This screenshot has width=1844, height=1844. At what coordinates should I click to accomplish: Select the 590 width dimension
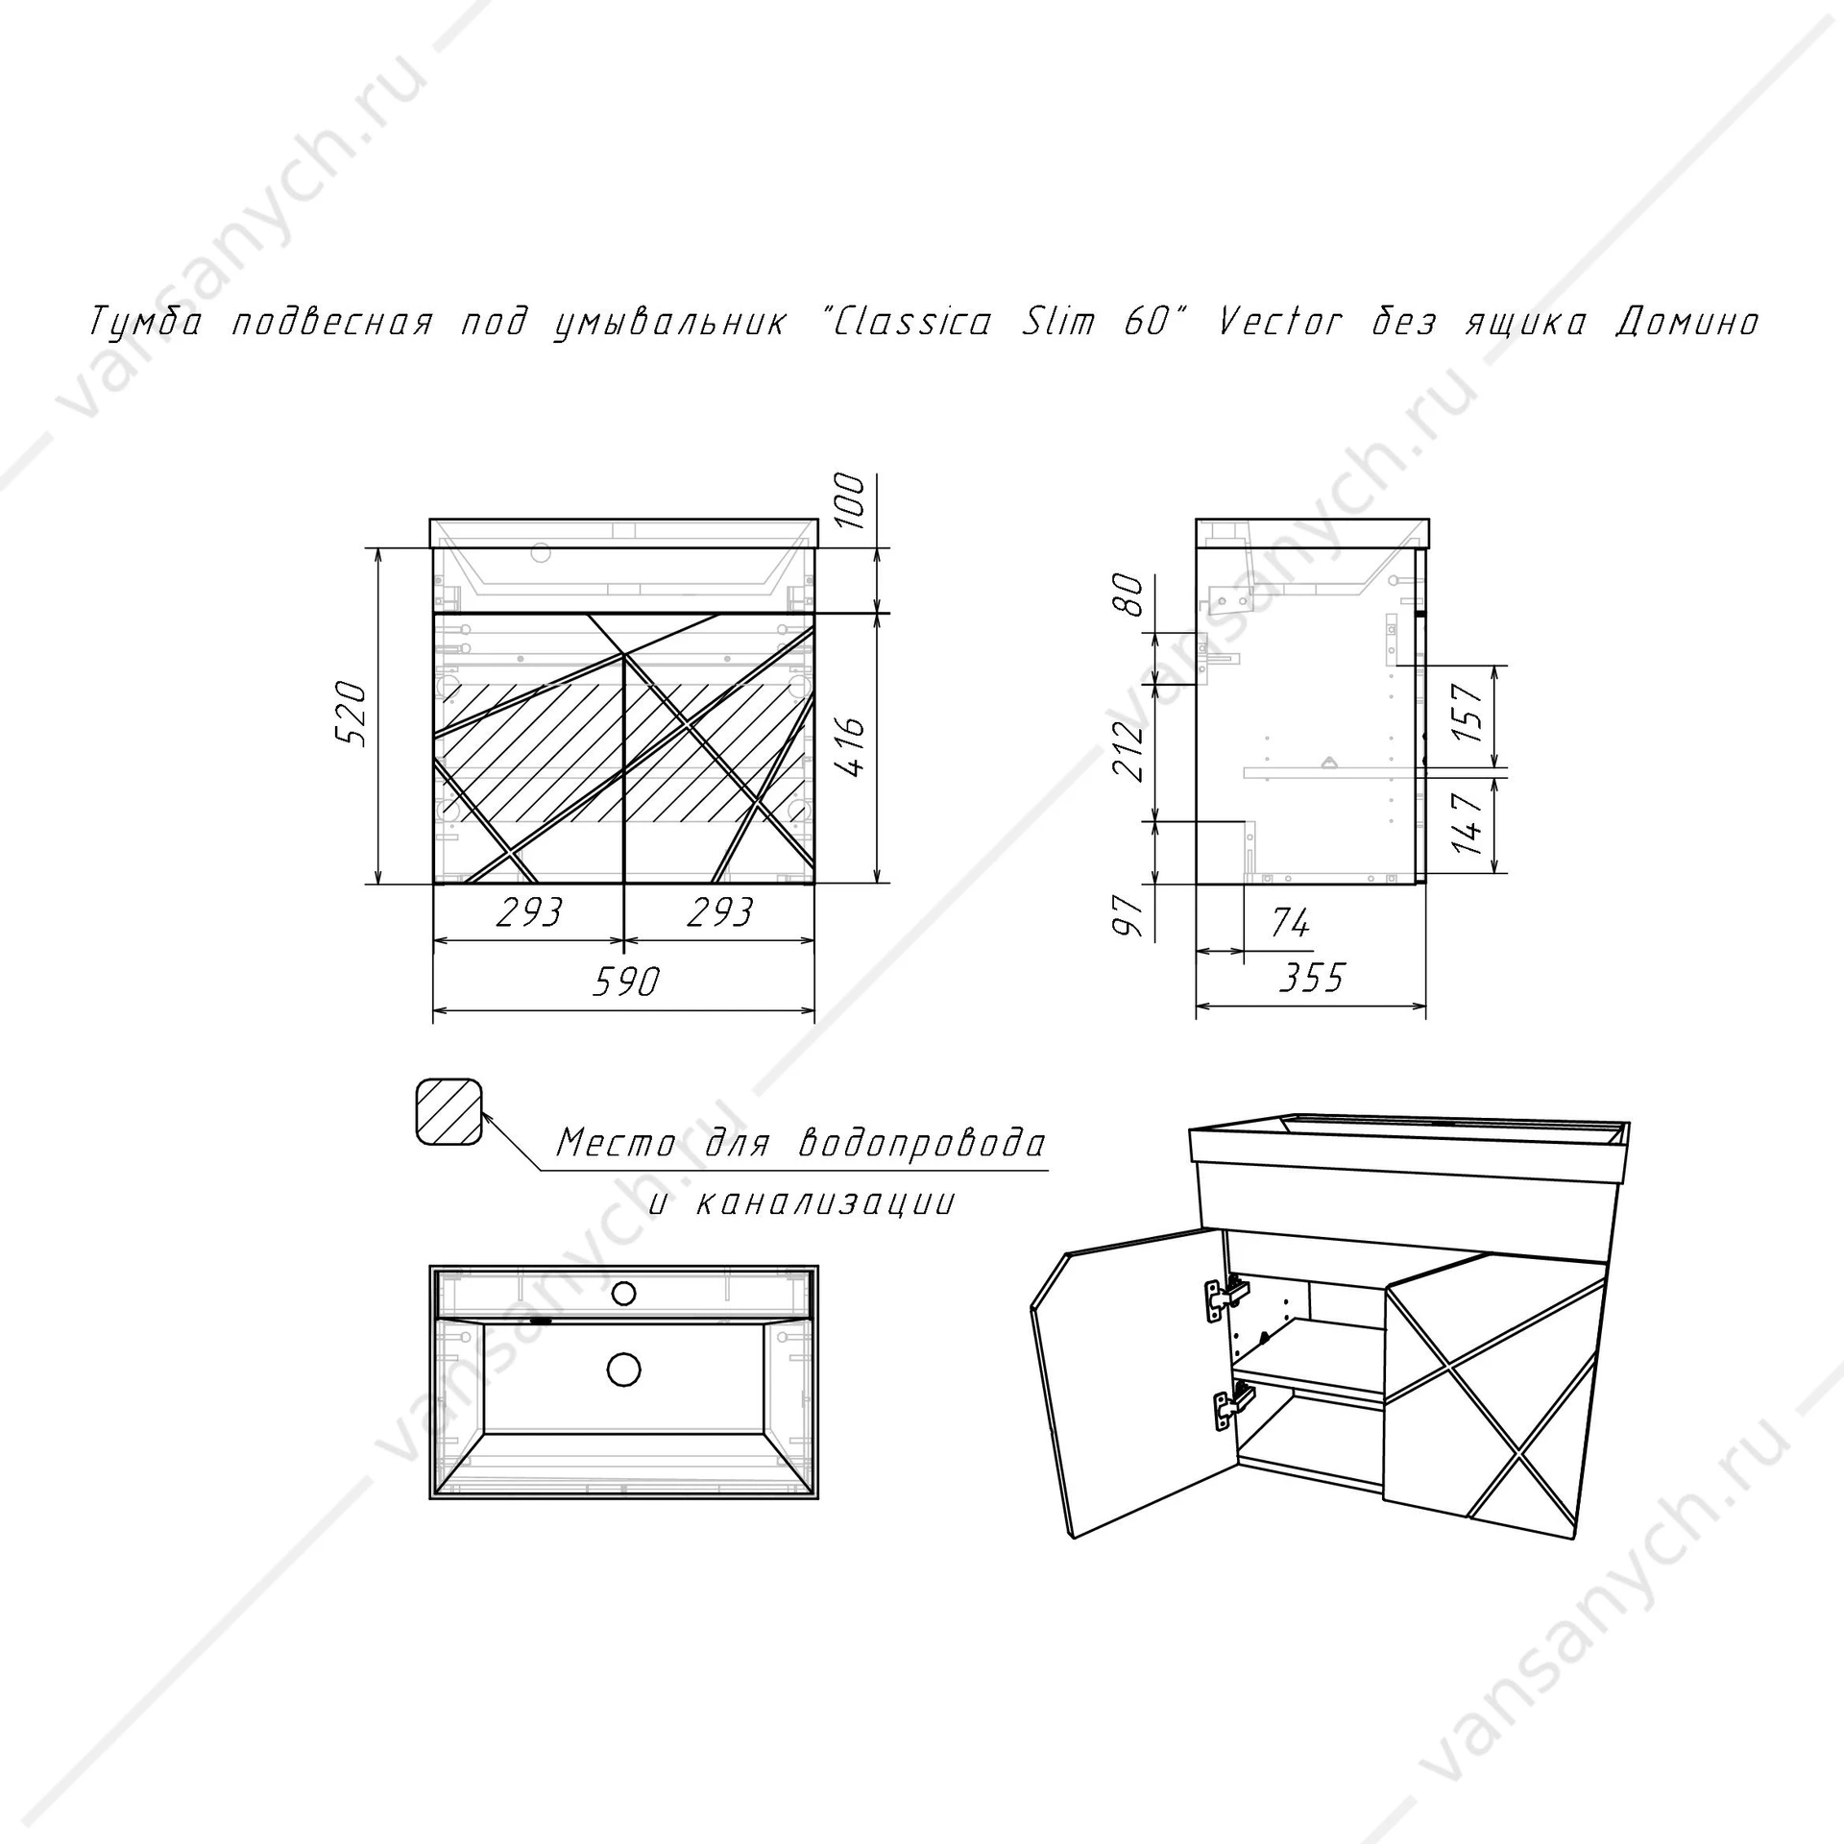coord(625,982)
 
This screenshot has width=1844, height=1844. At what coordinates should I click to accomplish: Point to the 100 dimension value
coord(851,500)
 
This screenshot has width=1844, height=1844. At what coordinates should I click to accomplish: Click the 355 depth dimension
coord(1312,978)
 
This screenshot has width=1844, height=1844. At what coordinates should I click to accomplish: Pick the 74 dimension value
coord(1290,923)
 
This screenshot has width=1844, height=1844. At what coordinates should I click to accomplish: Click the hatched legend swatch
coord(449,1112)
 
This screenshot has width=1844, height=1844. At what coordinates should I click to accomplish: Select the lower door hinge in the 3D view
coord(1231,1405)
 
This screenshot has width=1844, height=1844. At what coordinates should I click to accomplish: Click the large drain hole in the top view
coord(624,1370)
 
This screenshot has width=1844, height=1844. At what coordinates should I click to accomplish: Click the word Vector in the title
coord(1278,322)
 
